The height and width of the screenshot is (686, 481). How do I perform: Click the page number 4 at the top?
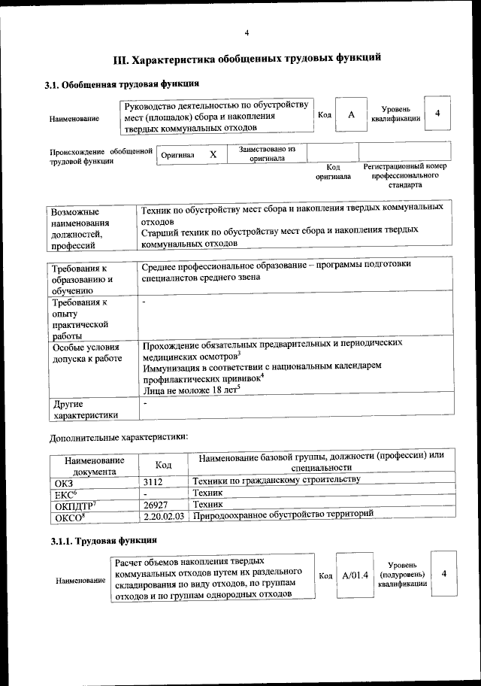click(x=247, y=32)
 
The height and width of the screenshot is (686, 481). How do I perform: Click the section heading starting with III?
click(x=241, y=57)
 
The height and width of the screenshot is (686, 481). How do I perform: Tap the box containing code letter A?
click(x=351, y=114)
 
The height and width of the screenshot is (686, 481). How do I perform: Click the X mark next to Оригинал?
click(x=213, y=154)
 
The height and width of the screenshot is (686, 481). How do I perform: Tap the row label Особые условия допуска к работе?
click(x=86, y=353)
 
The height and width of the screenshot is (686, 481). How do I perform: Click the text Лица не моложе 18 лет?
click(x=192, y=390)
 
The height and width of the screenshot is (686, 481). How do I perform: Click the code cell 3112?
click(x=153, y=481)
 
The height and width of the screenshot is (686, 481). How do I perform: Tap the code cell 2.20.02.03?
click(x=163, y=517)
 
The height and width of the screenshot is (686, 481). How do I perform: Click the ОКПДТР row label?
click(x=73, y=505)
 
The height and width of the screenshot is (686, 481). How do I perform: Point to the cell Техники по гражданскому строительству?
click(x=277, y=480)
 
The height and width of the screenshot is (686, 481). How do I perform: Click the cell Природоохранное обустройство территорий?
click(x=283, y=516)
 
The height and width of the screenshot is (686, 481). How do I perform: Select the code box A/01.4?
click(x=354, y=575)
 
